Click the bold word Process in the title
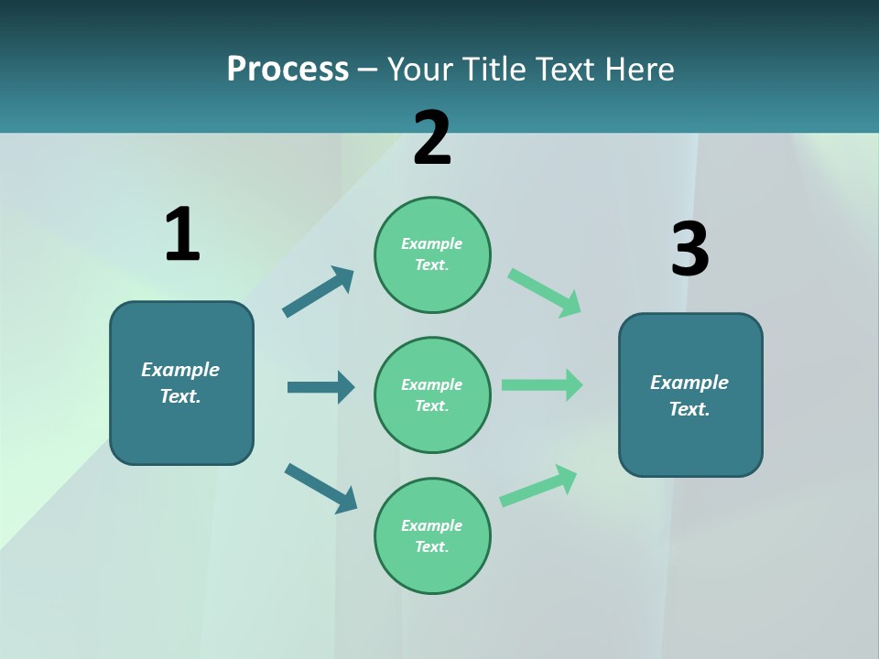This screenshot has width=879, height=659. click(x=288, y=70)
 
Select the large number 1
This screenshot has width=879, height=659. click(x=182, y=234)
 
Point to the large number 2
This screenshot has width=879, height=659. click(x=432, y=138)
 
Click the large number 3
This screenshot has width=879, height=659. click(x=689, y=250)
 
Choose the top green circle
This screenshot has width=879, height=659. click(x=432, y=254)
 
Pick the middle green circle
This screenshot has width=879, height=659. click(x=432, y=395)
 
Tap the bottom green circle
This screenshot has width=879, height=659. click(x=432, y=536)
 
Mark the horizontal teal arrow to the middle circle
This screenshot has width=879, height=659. click(x=320, y=387)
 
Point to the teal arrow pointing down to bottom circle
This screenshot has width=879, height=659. click(x=320, y=488)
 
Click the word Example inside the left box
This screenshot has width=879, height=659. click(x=180, y=370)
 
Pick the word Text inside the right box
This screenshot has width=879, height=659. click(x=689, y=409)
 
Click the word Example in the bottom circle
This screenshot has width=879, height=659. click(x=432, y=525)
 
